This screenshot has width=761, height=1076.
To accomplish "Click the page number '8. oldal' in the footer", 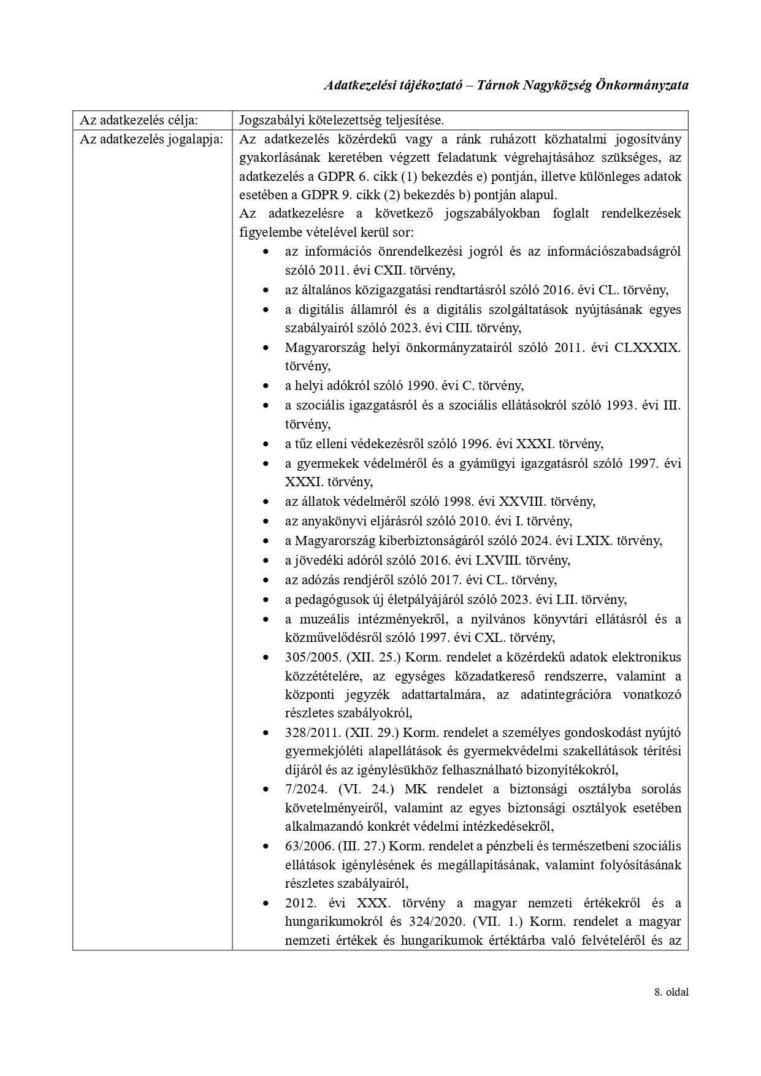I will point(671,992).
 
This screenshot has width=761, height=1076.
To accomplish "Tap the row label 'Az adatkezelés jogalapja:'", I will point(151,139).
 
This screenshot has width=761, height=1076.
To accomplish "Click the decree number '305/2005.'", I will point(313,657).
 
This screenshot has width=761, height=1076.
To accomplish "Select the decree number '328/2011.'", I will point(313,733).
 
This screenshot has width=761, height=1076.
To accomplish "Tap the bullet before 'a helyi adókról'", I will point(266,386).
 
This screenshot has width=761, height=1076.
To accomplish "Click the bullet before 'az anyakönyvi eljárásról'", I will point(266,522).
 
